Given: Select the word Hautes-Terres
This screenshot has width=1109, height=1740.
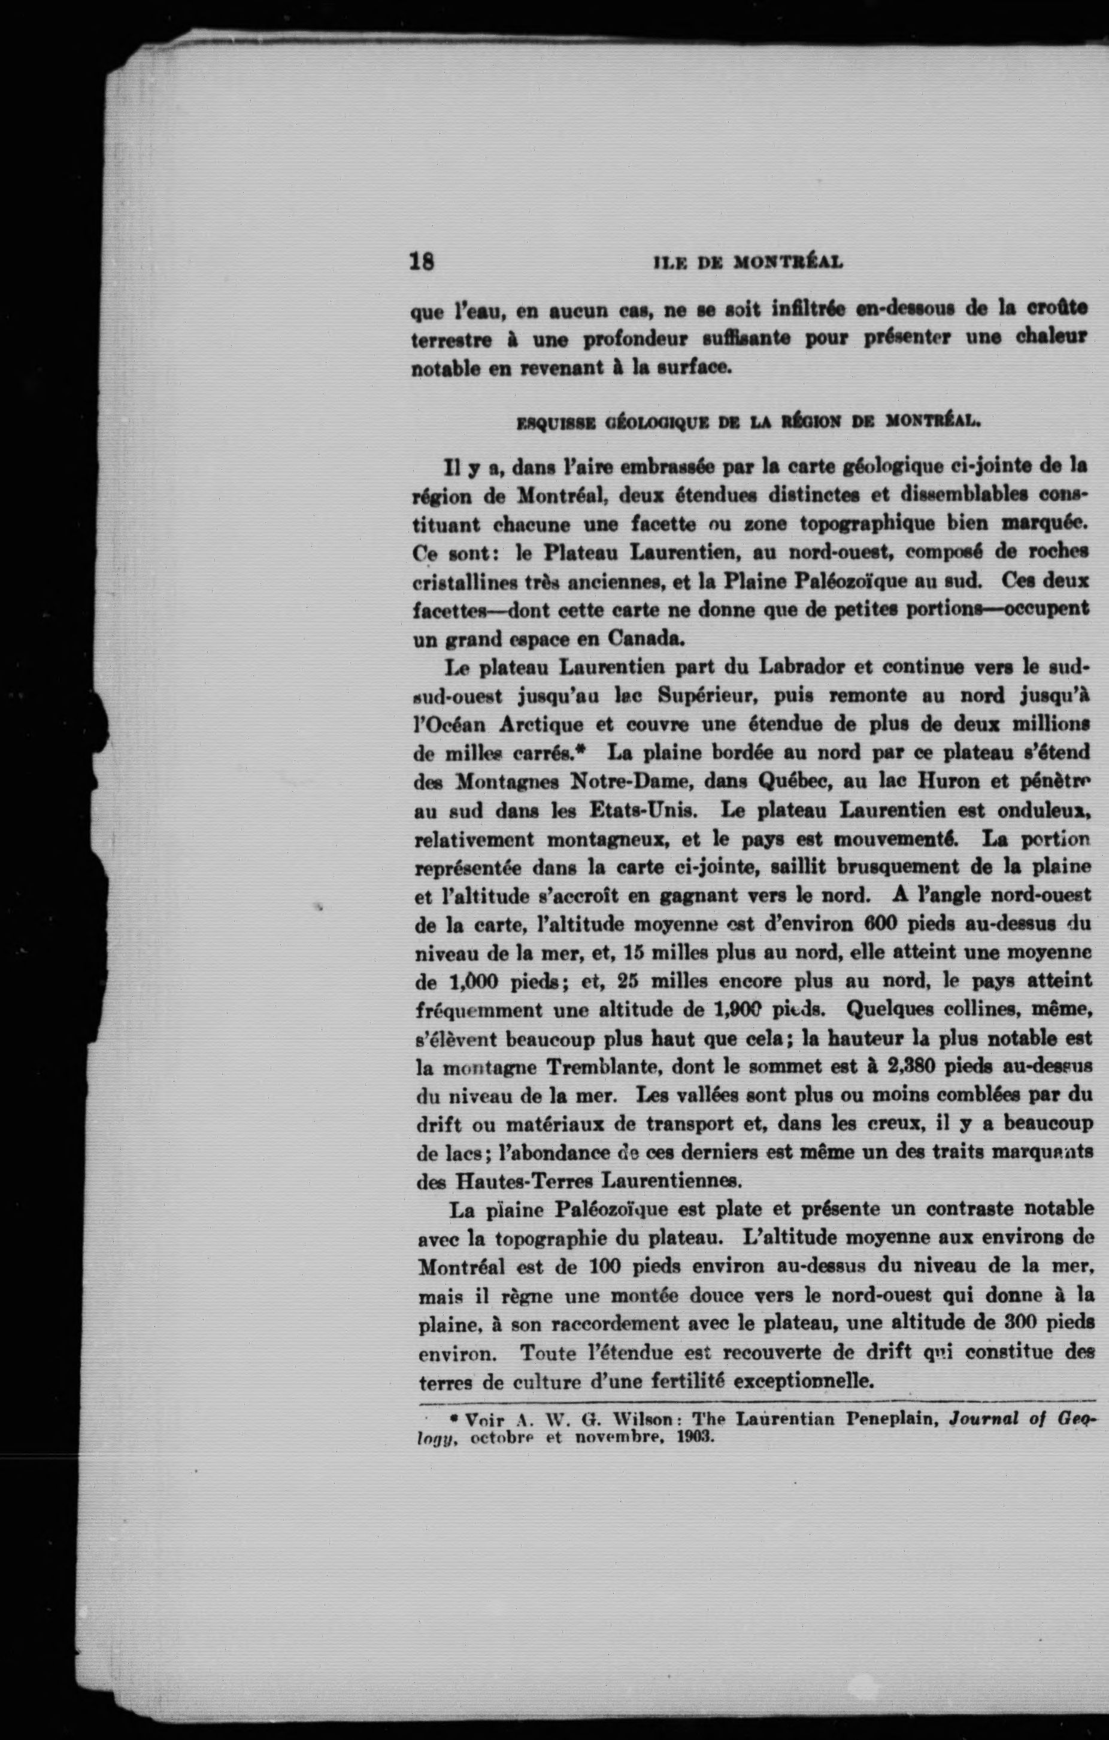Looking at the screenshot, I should click(x=526, y=1182).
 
